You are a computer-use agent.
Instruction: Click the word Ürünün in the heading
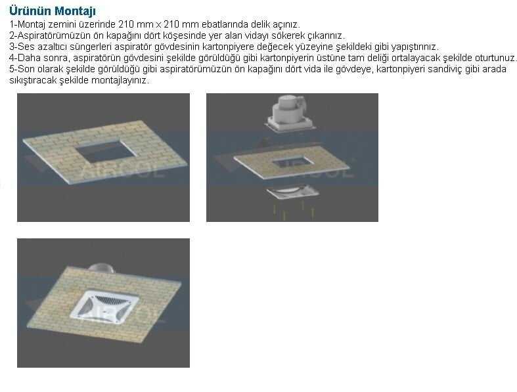(x=30, y=11)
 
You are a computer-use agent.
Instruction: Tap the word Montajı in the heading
(x=75, y=11)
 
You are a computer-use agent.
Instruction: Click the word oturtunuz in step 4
(x=495, y=58)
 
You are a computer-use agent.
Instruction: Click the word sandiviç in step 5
(x=444, y=70)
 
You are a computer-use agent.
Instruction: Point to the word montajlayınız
(x=120, y=81)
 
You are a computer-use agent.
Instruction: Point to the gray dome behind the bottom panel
(x=101, y=269)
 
